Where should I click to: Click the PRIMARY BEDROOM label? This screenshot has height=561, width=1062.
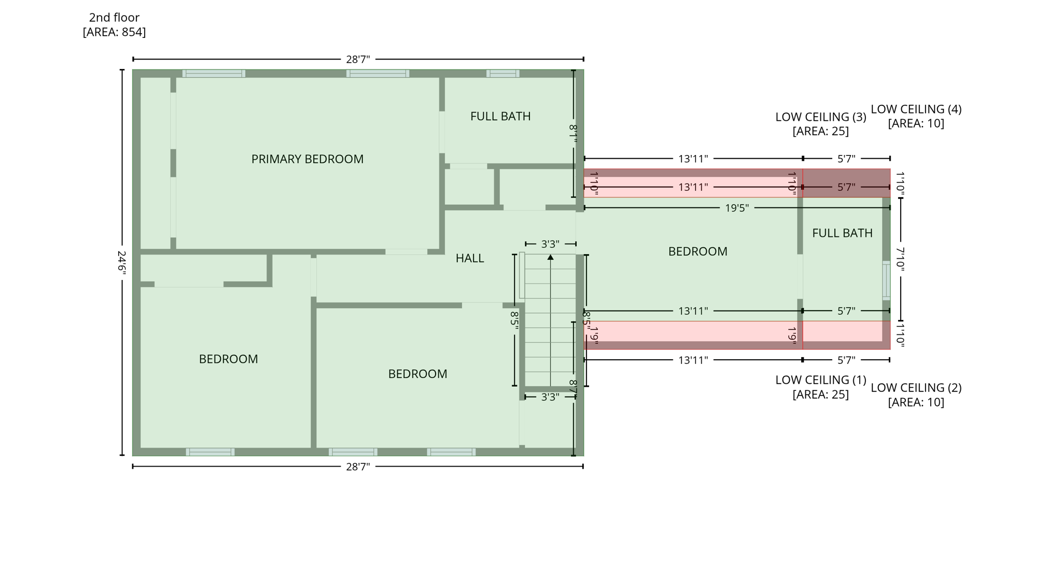click(x=307, y=159)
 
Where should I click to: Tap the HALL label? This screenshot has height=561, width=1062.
click(x=469, y=258)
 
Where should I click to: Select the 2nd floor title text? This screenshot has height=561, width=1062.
click(x=114, y=18)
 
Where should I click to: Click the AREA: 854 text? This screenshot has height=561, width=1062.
click(x=114, y=32)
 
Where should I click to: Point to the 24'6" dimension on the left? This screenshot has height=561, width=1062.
click(x=121, y=263)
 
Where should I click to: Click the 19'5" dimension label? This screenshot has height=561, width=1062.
click(x=736, y=208)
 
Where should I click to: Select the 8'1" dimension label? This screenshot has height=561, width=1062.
click(x=573, y=134)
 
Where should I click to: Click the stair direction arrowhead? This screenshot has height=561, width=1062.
click(x=550, y=257)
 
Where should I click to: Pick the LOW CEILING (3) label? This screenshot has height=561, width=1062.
click(x=820, y=117)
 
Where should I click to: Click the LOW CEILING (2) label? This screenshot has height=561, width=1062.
click(x=916, y=388)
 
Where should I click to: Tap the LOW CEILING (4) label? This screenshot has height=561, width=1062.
click(x=916, y=109)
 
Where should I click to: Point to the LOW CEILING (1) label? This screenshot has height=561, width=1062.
click(x=820, y=380)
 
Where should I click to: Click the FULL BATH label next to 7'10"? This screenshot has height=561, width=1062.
click(x=842, y=233)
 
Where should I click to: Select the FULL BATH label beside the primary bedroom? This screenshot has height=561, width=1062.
click(x=500, y=116)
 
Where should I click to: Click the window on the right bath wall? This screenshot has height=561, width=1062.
click(x=886, y=280)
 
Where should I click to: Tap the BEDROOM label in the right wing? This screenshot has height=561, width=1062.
click(x=697, y=251)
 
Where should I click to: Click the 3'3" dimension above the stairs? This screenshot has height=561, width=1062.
click(x=550, y=244)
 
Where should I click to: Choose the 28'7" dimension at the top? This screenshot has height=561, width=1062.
click(x=358, y=60)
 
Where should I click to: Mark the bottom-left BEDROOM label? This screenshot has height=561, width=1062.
click(x=228, y=359)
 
